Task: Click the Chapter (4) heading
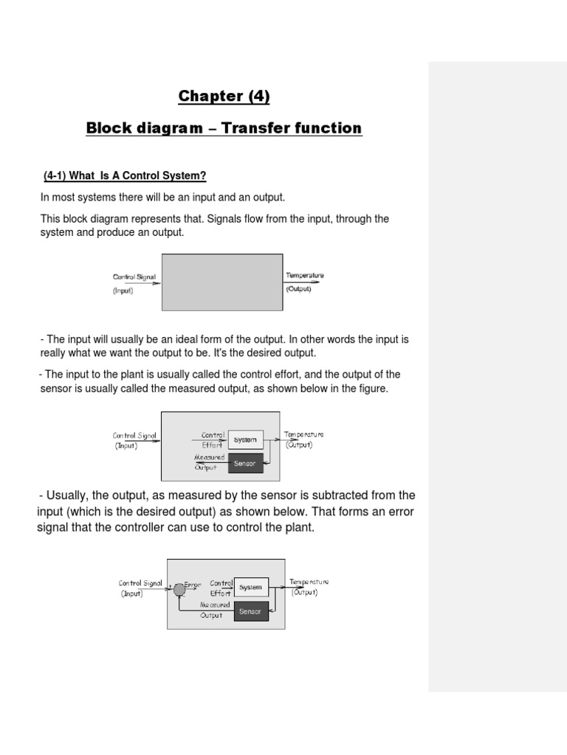coord(218,96)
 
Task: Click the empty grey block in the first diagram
coord(221,282)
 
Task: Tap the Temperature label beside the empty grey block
coord(304,276)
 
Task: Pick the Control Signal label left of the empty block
coord(134,277)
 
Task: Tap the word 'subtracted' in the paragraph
coord(314,495)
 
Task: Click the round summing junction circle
coord(179,588)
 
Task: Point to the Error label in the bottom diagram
coord(193,584)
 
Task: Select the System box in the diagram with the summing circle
coord(250,588)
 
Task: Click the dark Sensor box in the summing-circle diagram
coord(250,611)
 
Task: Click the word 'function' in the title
coord(330,128)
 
